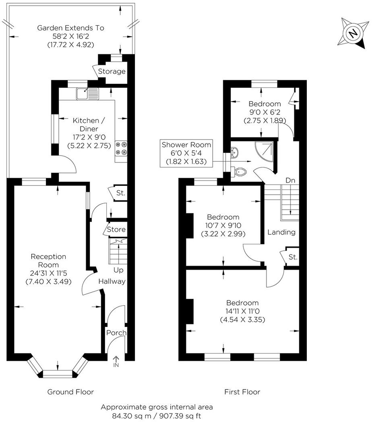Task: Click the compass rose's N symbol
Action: point(353,33)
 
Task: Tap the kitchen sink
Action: point(88,94)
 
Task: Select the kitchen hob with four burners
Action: point(121,148)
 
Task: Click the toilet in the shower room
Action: point(240,172)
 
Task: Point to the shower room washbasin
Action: point(234,152)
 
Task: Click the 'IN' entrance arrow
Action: point(116,362)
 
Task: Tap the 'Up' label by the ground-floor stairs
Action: point(118,270)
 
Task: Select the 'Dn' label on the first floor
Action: point(290,180)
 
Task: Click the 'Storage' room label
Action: point(112,71)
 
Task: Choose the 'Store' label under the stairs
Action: point(116,229)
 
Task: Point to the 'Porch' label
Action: point(116,333)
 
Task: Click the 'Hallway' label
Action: point(112,281)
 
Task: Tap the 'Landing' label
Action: point(281,232)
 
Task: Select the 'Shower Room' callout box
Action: point(186,153)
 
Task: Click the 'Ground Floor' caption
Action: point(70,392)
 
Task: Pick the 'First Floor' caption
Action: point(242,392)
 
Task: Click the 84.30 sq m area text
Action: point(131,416)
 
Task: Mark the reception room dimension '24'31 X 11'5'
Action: point(48,273)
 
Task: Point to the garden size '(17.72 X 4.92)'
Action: point(71,45)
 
